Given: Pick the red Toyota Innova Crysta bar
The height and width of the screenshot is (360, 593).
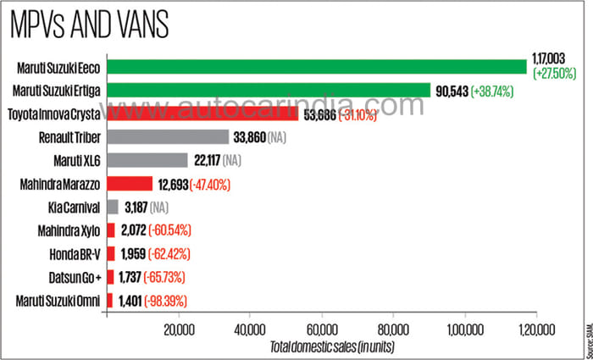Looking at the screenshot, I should tap(202, 114).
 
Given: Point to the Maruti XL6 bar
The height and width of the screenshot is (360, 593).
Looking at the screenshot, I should tap(147, 160).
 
